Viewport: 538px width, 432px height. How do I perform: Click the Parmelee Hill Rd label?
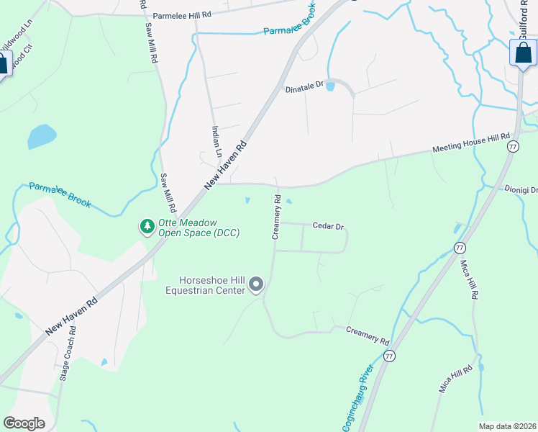click(x=183, y=14)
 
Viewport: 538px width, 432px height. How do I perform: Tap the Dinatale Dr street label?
click(x=306, y=84)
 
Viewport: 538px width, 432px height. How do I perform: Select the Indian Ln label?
click(x=216, y=141)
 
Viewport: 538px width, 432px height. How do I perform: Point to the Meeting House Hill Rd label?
click(x=470, y=143)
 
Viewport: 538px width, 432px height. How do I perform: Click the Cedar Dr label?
click(x=328, y=226)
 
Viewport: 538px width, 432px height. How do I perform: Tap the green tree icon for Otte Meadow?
click(x=147, y=227)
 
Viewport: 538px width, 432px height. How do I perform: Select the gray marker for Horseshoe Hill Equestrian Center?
click(x=257, y=286)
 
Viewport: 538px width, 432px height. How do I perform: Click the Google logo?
click(x=24, y=423)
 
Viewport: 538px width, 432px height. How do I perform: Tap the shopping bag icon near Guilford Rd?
click(x=523, y=53)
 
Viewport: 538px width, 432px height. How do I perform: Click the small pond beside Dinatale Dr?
click(x=330, y=87)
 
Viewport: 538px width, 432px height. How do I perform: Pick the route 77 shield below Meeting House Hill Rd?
click(x=513, y=146)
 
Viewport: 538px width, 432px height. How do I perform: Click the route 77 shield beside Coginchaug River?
click(x=389, y=356)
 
